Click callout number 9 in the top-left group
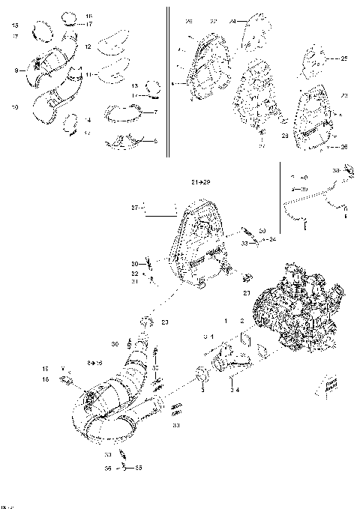click(x=15, y=71)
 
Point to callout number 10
click(x=15, y=107)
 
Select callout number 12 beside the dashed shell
click(x=88, y=46)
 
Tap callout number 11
click(x=88, y=75)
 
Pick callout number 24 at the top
click(x=232, y=21)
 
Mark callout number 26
click(x=344, y=147)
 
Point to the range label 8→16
click(x=95, y=362)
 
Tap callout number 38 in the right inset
click(x=337, y=172)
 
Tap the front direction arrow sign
click(x=329, y=385)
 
